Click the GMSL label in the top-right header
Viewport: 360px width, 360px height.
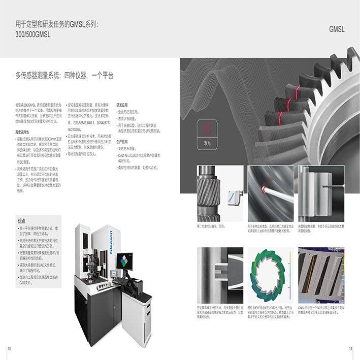click(337, 29)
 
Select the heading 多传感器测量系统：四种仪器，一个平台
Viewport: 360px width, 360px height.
click(65, 75)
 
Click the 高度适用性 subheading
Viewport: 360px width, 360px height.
click(25, 132)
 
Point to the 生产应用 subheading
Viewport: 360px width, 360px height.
click(123, 142)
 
